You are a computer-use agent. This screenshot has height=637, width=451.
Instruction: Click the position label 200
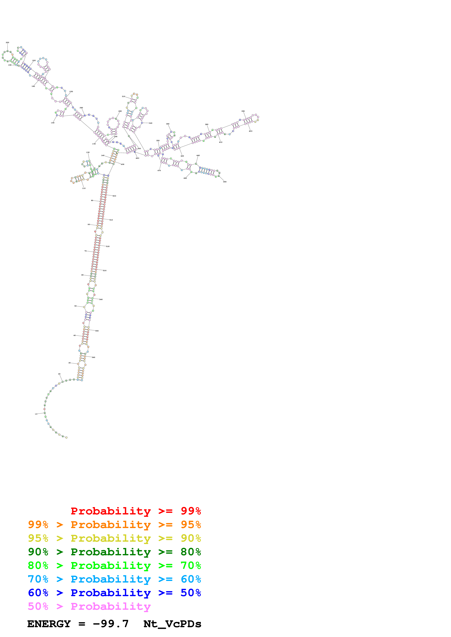click(7, 42)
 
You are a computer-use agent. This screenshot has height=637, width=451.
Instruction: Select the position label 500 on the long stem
click(114, 196)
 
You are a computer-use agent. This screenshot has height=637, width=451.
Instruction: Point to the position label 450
click(225, 182)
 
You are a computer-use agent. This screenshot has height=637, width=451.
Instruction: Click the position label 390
click(243, 111)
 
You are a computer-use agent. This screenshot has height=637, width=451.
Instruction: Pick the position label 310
click(123, 97)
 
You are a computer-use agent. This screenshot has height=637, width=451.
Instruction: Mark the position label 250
click(71, 92)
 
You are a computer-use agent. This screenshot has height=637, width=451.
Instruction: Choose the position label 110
click(84, 188)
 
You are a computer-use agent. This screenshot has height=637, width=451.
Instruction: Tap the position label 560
click(93, 357)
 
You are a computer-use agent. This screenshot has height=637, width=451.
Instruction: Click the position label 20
click(59, 374)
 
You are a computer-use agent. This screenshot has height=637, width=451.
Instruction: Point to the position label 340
click(151, 123)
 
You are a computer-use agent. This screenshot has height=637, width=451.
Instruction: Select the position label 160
click(53, 123)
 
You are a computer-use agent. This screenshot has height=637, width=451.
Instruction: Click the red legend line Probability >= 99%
click(136, 511)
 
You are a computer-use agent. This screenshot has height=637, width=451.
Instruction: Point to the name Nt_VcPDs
click(172, 624)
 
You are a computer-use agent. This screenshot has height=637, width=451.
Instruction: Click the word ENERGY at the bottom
click(49, 624)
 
